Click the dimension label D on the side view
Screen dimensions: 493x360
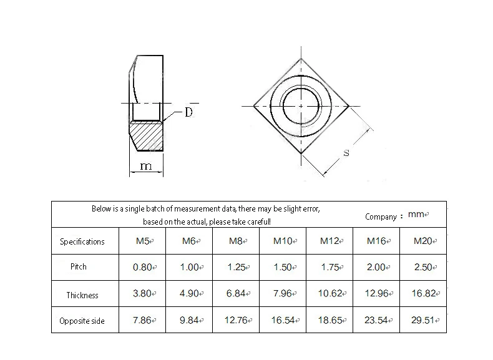[188, 112]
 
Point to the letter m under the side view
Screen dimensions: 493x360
[146, 166]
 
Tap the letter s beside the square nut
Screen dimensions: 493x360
[346, 153]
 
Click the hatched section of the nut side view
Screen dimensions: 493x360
[147, 135]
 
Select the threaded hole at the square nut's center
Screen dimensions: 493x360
[301, 106]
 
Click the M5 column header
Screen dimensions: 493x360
[143, 241]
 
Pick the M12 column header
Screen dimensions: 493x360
[330, 241]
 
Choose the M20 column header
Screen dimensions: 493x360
[423, 241]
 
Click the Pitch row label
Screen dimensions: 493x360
[78, 266]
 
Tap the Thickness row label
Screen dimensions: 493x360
[82, 295]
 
